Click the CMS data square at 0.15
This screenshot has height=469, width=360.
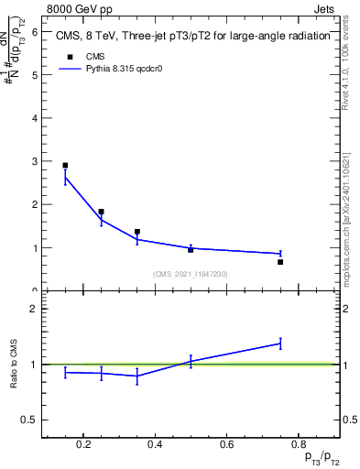(x=65, y=166)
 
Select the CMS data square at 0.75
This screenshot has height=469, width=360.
(x=280, y=262)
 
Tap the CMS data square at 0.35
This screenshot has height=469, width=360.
(x=136, y=232)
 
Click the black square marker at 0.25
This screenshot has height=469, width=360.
(x=101, y=212)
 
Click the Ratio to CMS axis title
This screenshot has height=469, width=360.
(x=15, y=364)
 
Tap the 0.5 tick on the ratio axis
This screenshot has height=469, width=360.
(x=31, y=420)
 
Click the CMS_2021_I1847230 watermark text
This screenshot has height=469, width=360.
(x=191, y=274)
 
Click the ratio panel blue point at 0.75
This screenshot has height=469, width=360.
(x=280, y=344)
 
